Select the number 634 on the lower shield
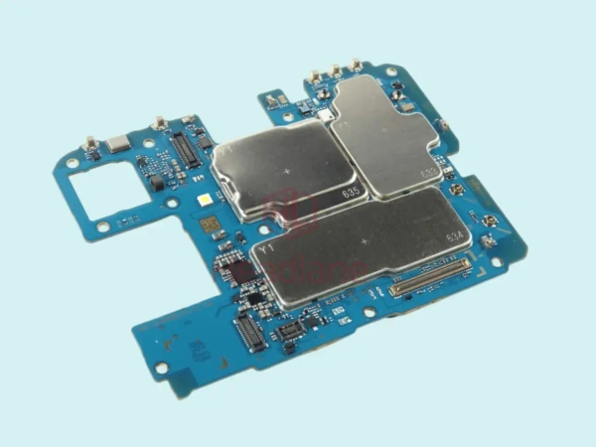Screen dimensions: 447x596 pos(456,237)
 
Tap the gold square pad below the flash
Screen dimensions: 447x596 pos(208,225)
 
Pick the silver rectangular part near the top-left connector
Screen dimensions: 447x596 pos(116,144)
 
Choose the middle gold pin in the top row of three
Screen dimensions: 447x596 pos(336,71)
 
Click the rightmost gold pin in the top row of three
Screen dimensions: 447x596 pos(355,67)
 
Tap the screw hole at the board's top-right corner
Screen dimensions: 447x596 pos(392,72)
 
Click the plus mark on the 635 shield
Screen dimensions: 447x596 pos(288,170)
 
